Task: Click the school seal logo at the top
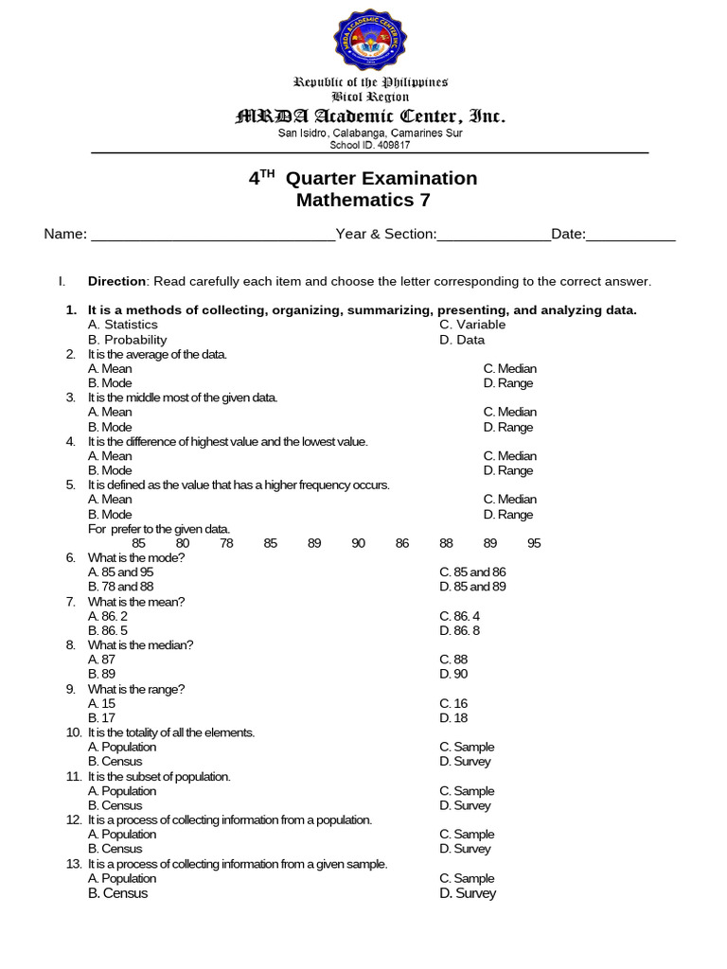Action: tap(370, 41)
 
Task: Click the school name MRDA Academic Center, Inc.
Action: tap(370, 116)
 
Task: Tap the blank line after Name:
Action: tap(212, 235)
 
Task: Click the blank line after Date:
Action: tap(630, 235)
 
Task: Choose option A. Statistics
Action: tap(123, 325)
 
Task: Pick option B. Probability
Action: tap(128, 340)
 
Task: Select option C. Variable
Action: tap(472, 325)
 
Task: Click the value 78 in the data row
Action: tap(226, 543)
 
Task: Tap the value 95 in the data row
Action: tap(534, 543)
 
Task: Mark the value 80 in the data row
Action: tap(183, 543)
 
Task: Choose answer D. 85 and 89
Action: tap(472, 587)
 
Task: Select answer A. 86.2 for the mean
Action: tap(108, 616)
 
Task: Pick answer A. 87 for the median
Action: tap(101, 660)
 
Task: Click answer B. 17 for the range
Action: tap(101, 718)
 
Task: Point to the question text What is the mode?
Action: tap(136, 557)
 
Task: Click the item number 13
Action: tap(74, 864)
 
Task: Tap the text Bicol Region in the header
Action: tap(370, 97)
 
